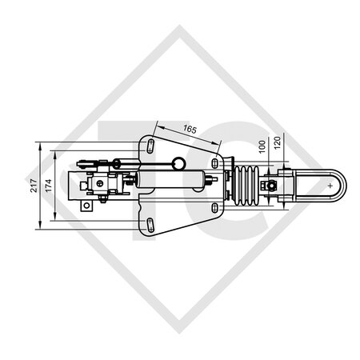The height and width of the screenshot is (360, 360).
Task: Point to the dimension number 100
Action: pyautogui.click(x=262, y=148)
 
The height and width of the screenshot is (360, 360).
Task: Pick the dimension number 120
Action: pyautogui.click(x=278, y=145)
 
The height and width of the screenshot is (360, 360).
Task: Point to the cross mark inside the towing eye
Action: pyautogui.click(x=330, y=186)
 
